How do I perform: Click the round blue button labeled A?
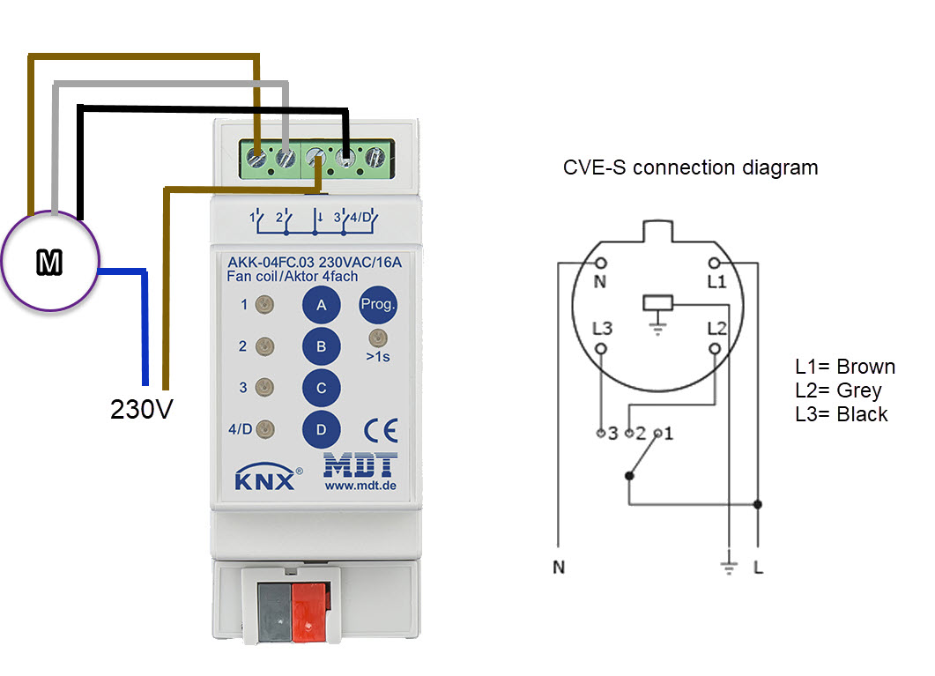[x=322, y=306]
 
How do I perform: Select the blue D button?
[x=322, y=429]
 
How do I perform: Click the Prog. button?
[x=378, y=305]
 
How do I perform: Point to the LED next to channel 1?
[x=263, y=306]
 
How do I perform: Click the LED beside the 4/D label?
[x=263, y=430]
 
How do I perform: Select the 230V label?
[x=140, y=410]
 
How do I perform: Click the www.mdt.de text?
[x=361, y=485]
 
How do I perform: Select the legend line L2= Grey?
[x=838, y=390]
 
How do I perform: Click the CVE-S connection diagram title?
[x=690, y=167]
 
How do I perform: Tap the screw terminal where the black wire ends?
[x=345, y=159]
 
